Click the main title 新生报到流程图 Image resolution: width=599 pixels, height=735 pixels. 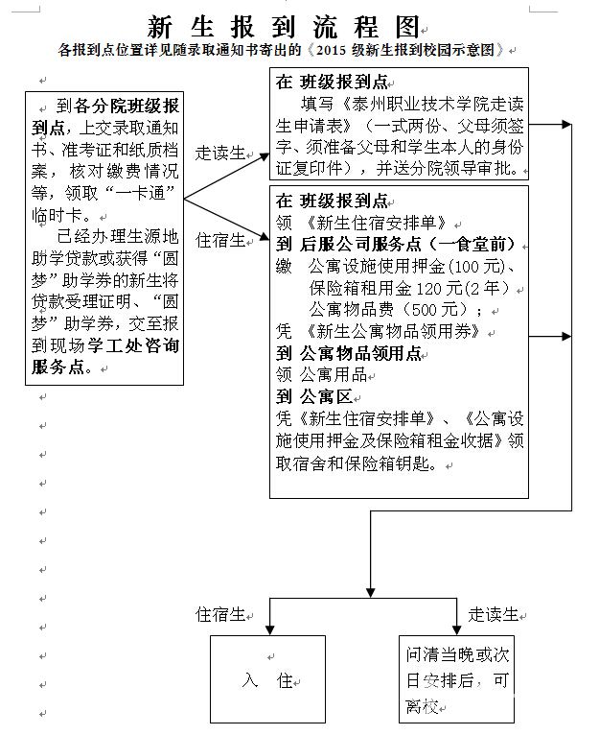click(x=284, y=27)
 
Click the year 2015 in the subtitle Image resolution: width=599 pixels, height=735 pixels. click(x=332, y=50)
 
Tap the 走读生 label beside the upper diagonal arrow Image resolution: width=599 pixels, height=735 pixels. click(x=220, y=153)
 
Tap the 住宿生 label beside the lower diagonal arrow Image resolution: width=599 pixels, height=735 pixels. click(x=220, y=241)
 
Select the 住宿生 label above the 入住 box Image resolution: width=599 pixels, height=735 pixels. click(x=220, y=614)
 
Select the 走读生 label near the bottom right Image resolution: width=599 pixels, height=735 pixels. click(x=494, y=614)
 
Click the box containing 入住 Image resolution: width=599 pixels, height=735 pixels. click(x=267, y=679)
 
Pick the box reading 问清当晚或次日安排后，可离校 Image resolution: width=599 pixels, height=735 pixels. click(x=456, y=679)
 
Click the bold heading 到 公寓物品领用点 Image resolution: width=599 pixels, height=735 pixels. click(x=349, y=353)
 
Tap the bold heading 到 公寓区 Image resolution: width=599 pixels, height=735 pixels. click(x=314, y=397)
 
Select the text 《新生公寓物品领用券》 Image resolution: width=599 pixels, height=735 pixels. click(x=392, y=332)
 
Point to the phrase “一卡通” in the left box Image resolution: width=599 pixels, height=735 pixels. click(x=140, y=193)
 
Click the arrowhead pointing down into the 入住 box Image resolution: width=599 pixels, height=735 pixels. click(x=269, y=630)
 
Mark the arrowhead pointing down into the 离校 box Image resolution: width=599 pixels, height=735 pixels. click(x=456, y=630)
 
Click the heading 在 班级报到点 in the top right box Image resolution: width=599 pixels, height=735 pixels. click(x=332, y=82)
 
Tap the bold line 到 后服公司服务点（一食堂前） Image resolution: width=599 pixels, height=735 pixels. click(x=396, y=245)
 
